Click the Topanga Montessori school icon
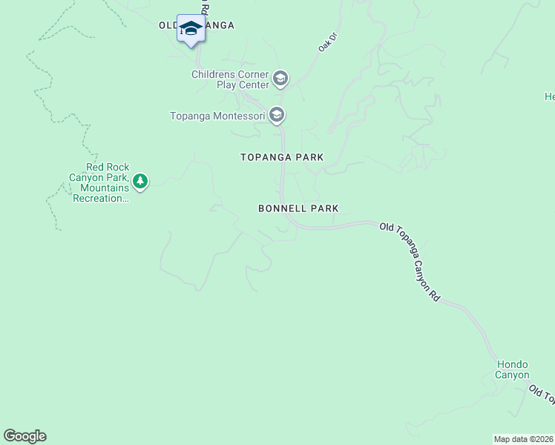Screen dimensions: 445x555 click(x=277, y=115)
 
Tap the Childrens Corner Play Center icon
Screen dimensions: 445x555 click(x=280, y=78)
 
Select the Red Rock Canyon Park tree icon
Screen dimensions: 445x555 click(x=139, y=181)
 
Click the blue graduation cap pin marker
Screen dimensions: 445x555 click(x=191, y=29)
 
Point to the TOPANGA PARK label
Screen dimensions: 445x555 click(x=282, y=157)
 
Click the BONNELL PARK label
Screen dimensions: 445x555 click(x=298, y=209)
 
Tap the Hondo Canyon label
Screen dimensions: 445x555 click(x=512, y=369)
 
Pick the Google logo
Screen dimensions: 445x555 click(x=24, y=436)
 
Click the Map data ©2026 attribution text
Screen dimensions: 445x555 click(x=524, y=439)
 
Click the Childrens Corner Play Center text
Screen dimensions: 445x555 click(x=230, y=79)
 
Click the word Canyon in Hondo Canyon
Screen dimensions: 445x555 click(x=512, y=375)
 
